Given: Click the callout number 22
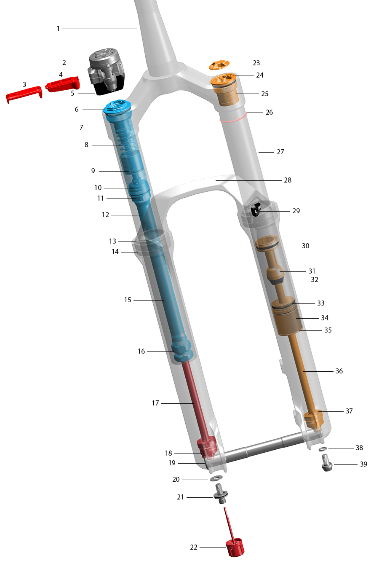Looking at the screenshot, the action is tap(194, 547).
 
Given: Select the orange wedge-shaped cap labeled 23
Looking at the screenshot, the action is tap(219, 65).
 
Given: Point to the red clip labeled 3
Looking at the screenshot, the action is tap(24, 94).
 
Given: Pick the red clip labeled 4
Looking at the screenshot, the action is tap(63, 84).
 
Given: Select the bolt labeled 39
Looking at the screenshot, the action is tap(327, 462).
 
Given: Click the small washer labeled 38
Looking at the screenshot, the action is tap(323, 449).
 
